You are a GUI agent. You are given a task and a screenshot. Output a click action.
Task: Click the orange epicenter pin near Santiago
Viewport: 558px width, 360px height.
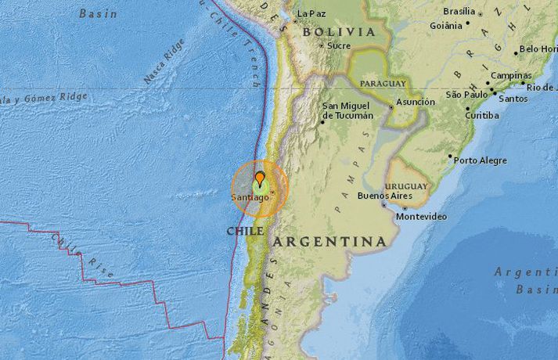click(x=260, y=179)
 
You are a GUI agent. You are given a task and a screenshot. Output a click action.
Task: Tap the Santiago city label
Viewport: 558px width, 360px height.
click(x=250, y=197)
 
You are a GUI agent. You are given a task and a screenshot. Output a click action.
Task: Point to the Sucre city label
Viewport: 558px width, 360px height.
click(x=339, y=45)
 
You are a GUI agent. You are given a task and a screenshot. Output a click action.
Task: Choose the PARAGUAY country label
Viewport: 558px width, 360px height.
click(x=383, y=83)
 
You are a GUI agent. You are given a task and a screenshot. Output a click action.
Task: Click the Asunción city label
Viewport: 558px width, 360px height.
click(x=416, y=102)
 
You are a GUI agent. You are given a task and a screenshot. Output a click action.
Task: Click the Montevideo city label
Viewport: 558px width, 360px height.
click(x=422, y=216)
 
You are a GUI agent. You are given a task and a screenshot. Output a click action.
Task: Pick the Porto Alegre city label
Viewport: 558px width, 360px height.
click(x=481, y=160)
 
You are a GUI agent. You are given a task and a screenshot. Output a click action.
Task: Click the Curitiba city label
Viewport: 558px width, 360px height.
click(x=481, y=115)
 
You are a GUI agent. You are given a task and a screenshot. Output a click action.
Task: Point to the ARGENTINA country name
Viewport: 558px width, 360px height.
click(x=329, y=242)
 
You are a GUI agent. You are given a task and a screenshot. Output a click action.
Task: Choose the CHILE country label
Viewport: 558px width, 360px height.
click(x=244, y=231)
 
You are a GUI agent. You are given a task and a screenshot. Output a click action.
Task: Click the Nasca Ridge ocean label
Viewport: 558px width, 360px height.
click(x=164, y=62)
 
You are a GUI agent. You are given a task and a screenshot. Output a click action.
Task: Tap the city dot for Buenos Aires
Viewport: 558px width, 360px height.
click(x=384, y=205)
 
